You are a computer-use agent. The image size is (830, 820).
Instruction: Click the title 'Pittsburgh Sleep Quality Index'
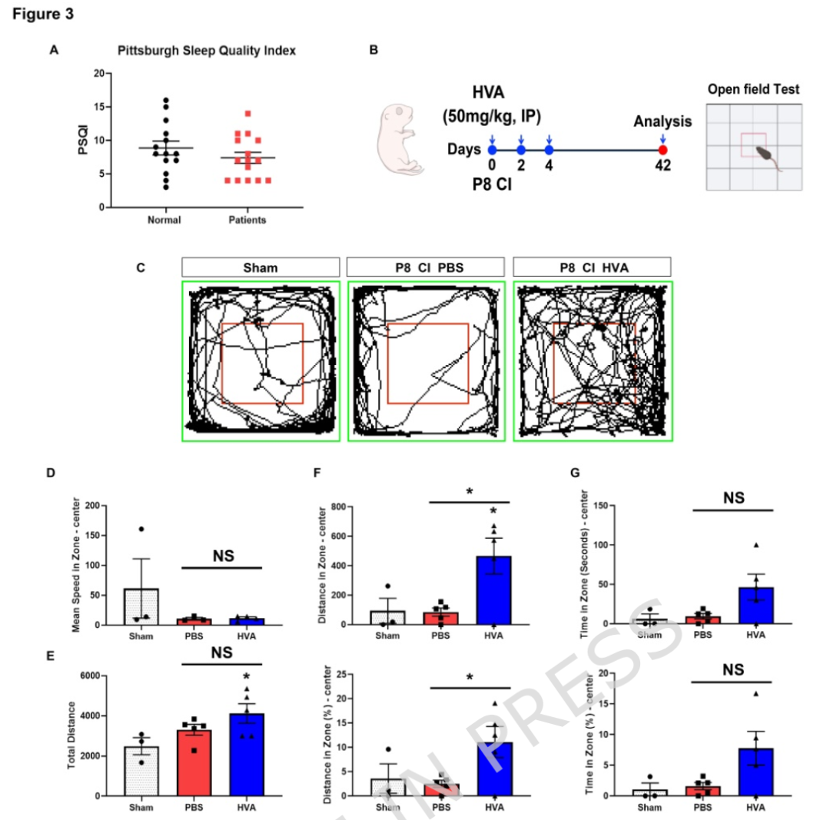(207, 51)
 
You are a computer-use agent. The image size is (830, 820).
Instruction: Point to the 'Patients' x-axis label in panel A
(247, 221)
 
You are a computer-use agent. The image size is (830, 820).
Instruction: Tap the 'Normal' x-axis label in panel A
(164, 221)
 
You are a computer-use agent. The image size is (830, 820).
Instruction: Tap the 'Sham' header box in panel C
(261, 267)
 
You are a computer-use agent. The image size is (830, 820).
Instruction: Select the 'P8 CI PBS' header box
(427, 267)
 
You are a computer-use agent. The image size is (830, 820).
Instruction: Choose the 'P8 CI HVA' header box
(592, 267)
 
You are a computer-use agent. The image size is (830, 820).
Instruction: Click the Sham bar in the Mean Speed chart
(142, 606)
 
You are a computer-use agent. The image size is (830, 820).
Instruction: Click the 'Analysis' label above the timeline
(662, 121)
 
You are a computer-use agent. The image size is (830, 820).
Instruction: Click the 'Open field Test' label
(753, 90)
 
